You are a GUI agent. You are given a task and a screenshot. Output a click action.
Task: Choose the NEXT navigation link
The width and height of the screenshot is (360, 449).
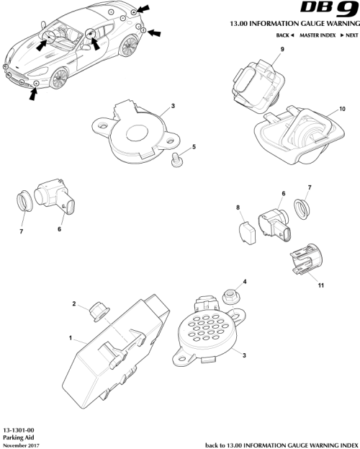(x=348, y=35)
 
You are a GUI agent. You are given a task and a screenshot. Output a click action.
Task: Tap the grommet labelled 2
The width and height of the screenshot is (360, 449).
(x=96, y=312)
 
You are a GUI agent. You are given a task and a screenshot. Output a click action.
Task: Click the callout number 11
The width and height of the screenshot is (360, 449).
(x=320, y=285)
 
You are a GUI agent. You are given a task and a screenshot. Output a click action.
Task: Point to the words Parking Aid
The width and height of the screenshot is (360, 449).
(x=16, y=437)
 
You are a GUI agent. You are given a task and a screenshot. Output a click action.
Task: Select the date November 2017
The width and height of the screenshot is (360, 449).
(x=19, y=445)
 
